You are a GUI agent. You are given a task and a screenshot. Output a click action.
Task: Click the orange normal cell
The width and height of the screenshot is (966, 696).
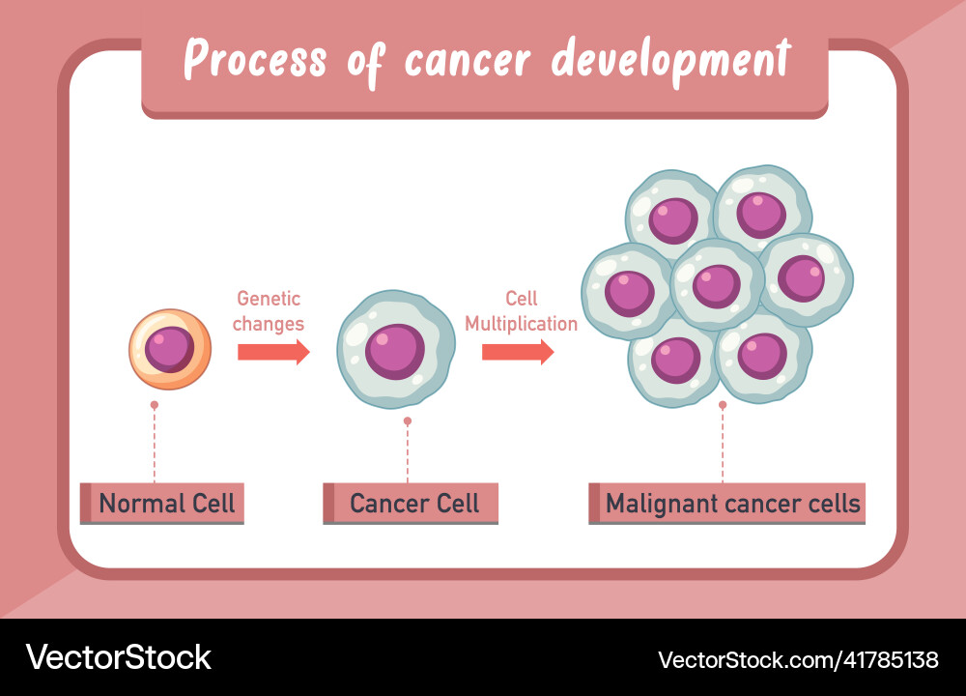click(169, 349)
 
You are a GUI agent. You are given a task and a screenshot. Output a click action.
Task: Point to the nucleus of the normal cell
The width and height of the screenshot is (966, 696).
click(170, 349)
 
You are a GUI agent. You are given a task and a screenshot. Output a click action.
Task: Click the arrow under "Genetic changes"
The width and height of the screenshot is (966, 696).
click(273, 353)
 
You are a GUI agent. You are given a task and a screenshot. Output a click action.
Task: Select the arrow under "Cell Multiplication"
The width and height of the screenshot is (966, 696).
click(518, 353)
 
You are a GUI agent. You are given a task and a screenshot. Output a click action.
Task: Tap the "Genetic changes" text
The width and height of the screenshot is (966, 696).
click(269, 311)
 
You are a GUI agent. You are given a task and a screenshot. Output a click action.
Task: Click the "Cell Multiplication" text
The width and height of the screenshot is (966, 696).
click(522, 311)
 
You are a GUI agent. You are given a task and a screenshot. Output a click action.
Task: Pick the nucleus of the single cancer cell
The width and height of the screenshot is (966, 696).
click(395, 350)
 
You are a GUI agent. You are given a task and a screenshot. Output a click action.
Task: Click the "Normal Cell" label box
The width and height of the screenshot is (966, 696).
click(162, 504)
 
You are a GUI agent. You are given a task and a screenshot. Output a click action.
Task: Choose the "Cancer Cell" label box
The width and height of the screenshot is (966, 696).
click(411, 504)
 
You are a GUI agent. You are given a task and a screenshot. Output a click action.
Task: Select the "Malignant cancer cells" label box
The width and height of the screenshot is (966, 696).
click(727, 504)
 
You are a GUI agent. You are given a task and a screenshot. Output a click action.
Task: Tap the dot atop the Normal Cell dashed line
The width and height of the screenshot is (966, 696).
click(154, 404)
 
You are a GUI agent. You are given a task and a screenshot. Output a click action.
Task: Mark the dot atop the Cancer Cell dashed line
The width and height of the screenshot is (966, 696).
click(408, 421)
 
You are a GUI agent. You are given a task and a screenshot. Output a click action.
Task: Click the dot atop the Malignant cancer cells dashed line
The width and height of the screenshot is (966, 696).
click(723, 404)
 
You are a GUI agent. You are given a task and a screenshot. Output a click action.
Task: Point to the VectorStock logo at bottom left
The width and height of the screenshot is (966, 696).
click(118, 657)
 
